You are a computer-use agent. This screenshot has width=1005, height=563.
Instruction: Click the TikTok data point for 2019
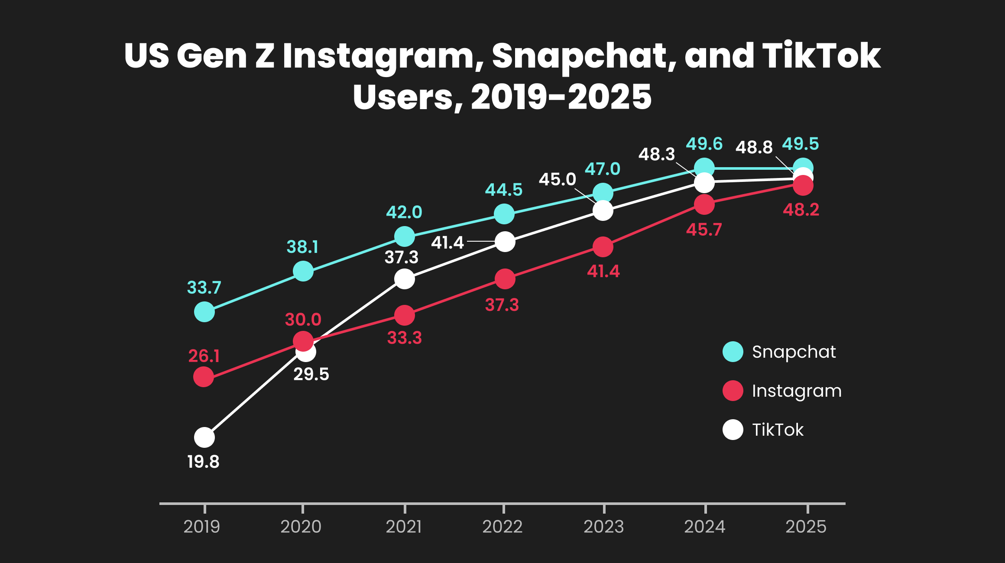204,437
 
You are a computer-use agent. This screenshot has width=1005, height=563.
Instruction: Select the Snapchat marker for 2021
405,236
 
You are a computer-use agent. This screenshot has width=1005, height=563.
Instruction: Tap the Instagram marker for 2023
603,247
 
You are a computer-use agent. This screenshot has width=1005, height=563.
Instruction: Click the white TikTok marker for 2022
505,242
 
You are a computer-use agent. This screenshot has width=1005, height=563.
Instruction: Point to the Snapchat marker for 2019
204,312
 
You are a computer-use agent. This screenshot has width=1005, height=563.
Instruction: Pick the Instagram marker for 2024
704,204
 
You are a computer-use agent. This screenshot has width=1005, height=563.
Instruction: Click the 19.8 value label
203,462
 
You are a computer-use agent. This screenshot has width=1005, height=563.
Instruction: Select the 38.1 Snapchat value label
302,247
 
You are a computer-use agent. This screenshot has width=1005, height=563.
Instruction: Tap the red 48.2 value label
801,210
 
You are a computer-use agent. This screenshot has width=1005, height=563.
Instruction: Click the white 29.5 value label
311,374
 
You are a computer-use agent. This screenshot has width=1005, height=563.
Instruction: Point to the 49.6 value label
704,144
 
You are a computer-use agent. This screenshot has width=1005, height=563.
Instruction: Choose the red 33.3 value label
404,338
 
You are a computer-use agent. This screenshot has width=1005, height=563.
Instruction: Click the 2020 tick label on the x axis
301,527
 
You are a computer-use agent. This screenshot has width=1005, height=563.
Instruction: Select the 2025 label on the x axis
806,527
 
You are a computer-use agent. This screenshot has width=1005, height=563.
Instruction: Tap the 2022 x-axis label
502,527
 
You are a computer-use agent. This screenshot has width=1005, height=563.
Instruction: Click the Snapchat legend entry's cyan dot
733,352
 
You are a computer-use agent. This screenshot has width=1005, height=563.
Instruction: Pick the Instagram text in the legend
797,391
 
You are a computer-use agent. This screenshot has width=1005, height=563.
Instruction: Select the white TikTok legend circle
733,430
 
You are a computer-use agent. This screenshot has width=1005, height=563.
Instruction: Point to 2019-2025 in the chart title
561,97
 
